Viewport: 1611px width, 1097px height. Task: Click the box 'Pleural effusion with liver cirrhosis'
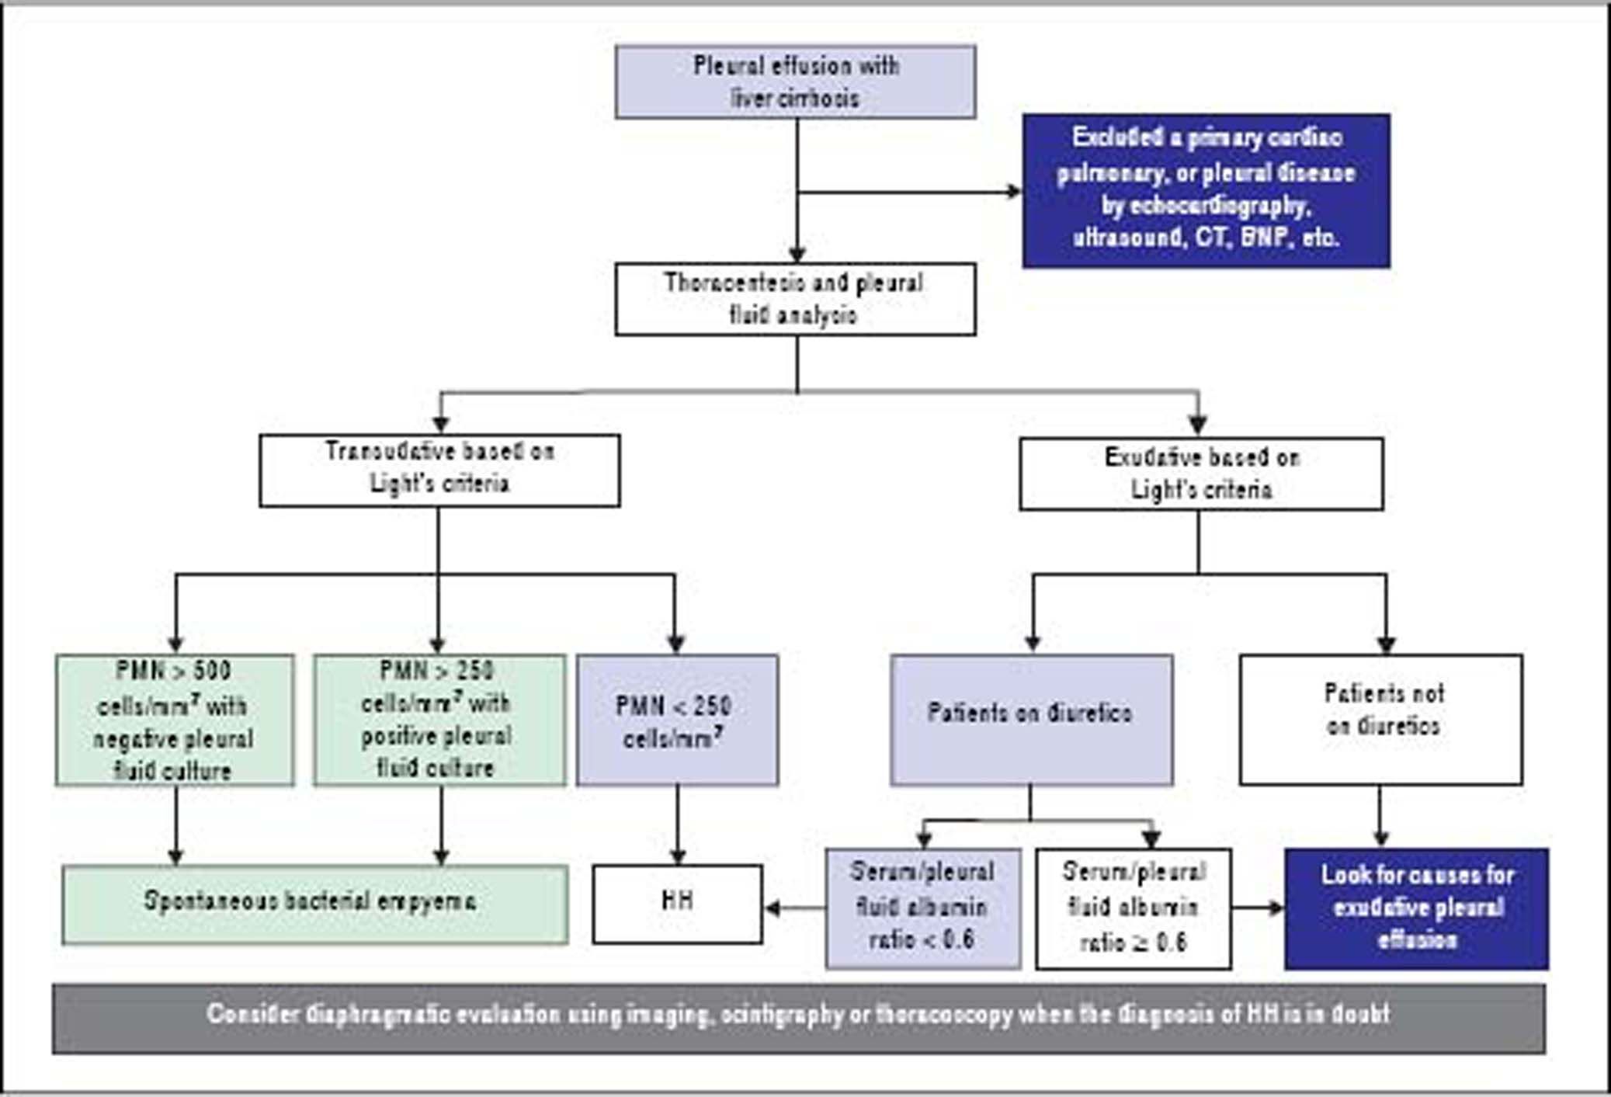(795, 82)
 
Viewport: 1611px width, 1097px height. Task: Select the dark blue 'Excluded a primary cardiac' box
(1205, 190)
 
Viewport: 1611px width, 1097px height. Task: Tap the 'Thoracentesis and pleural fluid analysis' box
(795, 299)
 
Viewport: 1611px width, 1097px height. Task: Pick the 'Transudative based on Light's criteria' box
(439, 470)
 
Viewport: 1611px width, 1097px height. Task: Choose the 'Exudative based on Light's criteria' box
(1200, 474)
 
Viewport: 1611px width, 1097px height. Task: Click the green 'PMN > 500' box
(175, 720)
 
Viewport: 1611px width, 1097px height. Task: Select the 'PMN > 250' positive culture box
(439, 720)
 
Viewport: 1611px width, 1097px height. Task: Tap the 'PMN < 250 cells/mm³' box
(677, 720)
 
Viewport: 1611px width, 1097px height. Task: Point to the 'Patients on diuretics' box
(1031, 720)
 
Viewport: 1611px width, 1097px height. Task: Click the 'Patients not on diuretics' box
(1380, 720)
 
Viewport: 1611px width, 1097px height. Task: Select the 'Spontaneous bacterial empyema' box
(314, 904)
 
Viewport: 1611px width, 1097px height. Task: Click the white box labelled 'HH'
(677, 904)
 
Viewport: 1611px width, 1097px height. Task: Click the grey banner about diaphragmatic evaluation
(798, 1018)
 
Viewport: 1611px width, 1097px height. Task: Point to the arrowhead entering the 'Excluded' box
(1014, 191)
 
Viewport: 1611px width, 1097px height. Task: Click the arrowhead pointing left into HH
(773, 908)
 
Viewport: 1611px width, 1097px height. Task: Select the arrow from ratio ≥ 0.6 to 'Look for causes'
(1258, 908)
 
